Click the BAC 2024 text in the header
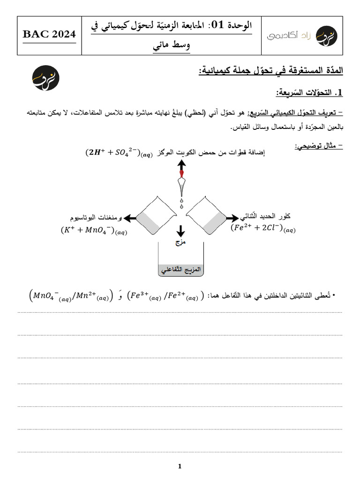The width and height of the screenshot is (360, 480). (49, 34)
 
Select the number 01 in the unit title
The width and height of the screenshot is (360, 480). (217, 25)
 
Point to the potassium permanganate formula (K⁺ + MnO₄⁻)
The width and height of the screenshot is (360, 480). (94, 231)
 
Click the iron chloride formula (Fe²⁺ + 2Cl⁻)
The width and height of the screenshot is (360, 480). (263, 228)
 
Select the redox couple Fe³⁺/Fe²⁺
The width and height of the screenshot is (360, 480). (164, 296)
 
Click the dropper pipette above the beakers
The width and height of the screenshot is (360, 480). (181, 187)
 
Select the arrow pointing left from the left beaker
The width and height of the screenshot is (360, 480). (131, 218)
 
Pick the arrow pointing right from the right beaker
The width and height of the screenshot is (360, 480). (232, 218)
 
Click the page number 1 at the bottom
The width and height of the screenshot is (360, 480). (180, 466)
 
